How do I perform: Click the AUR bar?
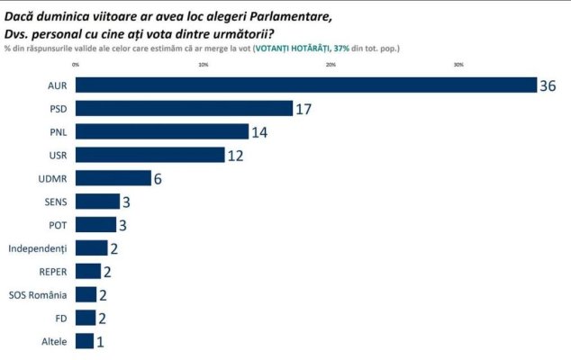tap(306, 85)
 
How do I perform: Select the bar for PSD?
tap(185, 109)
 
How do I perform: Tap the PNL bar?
tap(162, 131)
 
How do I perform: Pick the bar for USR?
tap(150, 155)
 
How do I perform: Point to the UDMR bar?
tap(113, 178)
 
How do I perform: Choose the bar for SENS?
tap(97, 202)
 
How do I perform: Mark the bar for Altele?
tap(85, 341)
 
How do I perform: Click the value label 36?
tap(548, 85)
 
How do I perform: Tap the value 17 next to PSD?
tap(304, 109)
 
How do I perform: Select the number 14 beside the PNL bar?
tap(259, 132)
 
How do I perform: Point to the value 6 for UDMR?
tap(158, 179)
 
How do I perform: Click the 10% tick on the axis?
tap(204, 65)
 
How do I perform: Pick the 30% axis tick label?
tap(458, 65)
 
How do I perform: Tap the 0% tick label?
tap(76, 65)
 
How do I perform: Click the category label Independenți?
tap(38, 248)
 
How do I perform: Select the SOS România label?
tap(38, 295)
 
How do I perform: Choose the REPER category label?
tap(53, 272)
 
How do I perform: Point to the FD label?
tap(61, 319)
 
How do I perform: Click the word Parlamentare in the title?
tap(291, 17)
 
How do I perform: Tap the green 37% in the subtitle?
tap(341, 48)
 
